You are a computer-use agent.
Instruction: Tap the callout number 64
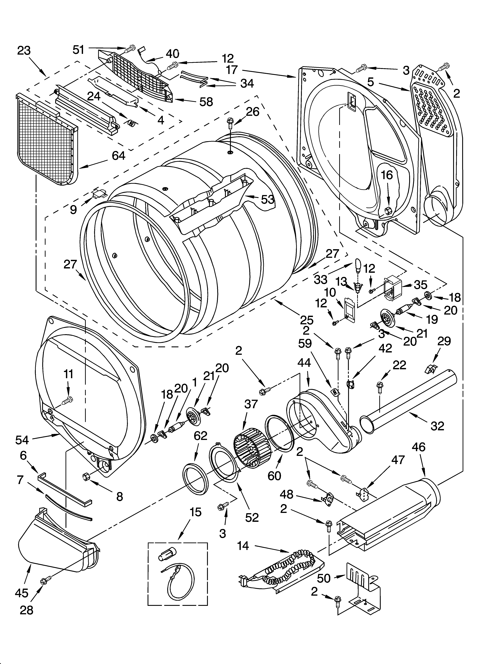pos(118,155)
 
